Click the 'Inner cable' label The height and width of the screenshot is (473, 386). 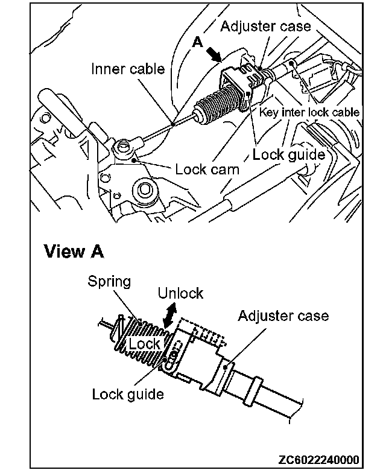click(x=128, y=69)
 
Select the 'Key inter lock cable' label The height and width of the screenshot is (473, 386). click(x=309, y=112)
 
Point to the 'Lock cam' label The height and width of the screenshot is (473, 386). click(x=207, y=170)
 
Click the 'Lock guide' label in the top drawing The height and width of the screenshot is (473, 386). click(x=288, y=154)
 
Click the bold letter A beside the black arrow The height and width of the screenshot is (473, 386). click(x=197, y=43)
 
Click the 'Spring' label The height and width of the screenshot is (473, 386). click(x=109, y=281)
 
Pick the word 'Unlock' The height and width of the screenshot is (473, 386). click(x=180, y=294)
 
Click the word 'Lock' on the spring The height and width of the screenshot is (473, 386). click(x=144, y=344)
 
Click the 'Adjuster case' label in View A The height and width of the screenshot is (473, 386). click(x=283, y=316)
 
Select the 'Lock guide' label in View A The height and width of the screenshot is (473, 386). click(x=128, y=395)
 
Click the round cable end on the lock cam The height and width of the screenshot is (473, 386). click(x=124, y=147)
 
